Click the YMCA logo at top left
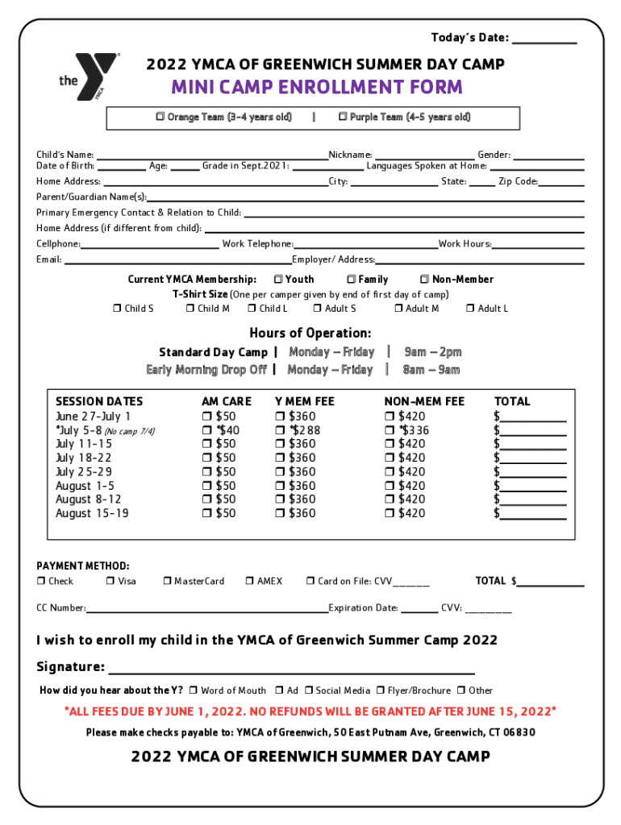(89, 77)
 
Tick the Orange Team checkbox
(160, 118)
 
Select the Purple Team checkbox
(343, 118)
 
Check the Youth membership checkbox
(277, 280)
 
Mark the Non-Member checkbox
(424, 280)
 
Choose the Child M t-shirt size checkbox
(190, 309)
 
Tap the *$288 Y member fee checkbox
(280, 430)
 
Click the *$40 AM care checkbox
(206, 430)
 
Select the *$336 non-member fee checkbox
(390, 430)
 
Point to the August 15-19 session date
(91, 513)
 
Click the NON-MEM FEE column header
(424, 401)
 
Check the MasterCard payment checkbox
(167, 581)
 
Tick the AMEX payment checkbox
(250, 581)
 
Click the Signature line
(290, 669)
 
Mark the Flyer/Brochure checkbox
(381, 690)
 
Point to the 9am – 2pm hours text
(433, 352)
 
